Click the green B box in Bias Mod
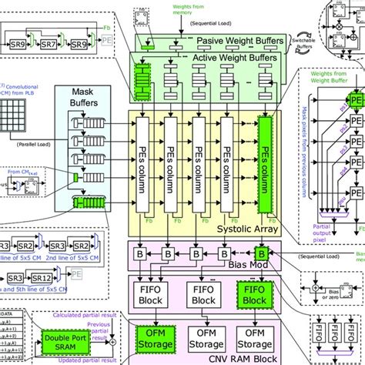[261, 252]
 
